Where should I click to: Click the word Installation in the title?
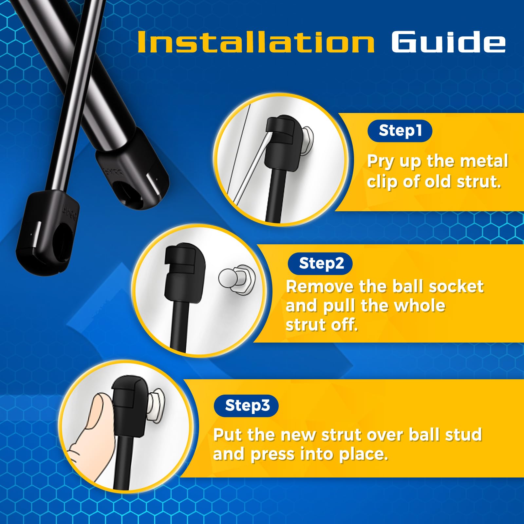point(255,42)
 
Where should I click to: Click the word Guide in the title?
point(448,42)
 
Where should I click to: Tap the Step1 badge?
point(400,131)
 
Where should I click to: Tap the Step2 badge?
point(320,263)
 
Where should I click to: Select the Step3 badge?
point(246,405)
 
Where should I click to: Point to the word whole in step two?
point(419,306)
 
